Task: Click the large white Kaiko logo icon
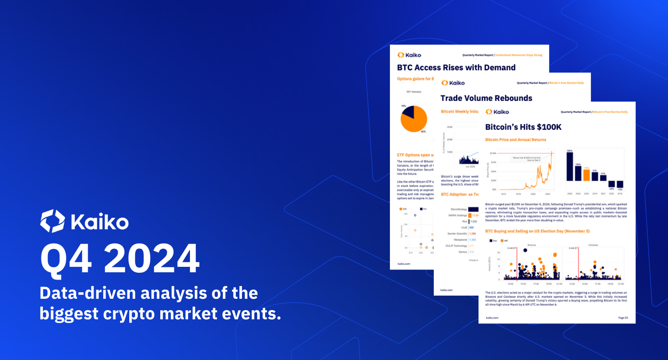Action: click(x=53, y=221)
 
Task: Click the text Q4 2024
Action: click(x=120, y=259)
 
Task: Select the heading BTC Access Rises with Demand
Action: click(x=456, y=68)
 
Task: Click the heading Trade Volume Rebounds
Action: click(x=486, y=98)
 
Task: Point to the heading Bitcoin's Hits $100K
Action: click(x=523, y=127)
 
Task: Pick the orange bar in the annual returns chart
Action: click(x=587, y=175)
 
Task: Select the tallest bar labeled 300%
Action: click(x=570, y=166)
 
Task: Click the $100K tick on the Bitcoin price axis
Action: click(x=493, y=153)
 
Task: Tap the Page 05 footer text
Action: click(x=623, y=318)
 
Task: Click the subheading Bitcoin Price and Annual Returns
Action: click(x=515, y=140)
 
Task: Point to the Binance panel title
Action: click(x=531, y=244)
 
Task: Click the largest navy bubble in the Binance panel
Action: click(x=525, y=250)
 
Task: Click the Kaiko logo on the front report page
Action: click(x=497, y=112)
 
